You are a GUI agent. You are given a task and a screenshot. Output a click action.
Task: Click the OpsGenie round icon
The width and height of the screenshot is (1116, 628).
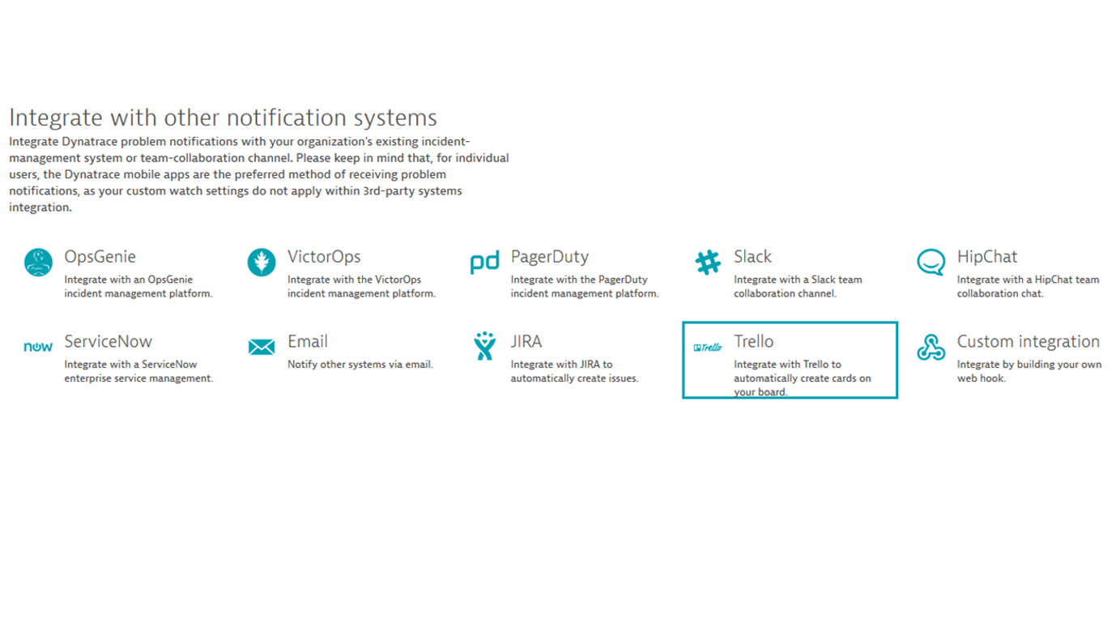[38, 263]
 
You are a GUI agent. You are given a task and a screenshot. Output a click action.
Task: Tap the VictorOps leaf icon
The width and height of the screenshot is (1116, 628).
[262, 263]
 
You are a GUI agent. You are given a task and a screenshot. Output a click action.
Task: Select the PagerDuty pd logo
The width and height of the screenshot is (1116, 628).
[484, 263]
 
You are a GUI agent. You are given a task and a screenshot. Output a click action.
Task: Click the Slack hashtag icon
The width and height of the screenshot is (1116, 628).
[708, 263]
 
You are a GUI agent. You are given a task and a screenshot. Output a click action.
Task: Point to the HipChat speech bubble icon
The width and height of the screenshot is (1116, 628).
[931, 263]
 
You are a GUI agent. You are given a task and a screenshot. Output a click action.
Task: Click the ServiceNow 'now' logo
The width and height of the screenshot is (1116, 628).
[38, 347]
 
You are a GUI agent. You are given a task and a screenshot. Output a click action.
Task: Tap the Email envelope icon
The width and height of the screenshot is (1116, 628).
[262, 347]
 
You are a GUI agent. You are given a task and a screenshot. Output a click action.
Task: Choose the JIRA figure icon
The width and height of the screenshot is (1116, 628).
[485, 346]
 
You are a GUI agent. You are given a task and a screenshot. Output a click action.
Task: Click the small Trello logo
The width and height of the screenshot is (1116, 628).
[708, 348]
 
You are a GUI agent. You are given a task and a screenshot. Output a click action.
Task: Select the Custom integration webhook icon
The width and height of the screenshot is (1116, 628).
[931, 347]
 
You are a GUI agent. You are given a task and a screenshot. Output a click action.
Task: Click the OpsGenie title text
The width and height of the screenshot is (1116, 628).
[100, 257]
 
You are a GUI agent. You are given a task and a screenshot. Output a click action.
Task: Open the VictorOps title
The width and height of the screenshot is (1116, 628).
[324, 257]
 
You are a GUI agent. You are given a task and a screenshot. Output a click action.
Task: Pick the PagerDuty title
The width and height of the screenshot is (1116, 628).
[550, 257]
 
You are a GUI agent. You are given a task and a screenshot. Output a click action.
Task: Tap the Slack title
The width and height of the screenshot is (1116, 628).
[752, 257]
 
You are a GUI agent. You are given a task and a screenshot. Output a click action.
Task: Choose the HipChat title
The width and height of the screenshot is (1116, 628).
[987, 257]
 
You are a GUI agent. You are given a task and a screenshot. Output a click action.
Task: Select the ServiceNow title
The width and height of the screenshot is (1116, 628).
[108, 341]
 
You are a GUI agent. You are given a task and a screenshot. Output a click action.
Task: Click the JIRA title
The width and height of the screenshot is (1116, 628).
[526, 341]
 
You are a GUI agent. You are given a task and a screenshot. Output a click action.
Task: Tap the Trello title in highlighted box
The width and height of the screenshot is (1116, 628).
[753, 341]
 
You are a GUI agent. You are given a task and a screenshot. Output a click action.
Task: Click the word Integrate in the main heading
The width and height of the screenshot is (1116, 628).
[56, 118]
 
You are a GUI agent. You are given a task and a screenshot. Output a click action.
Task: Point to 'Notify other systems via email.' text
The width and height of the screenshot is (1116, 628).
[360, 365]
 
